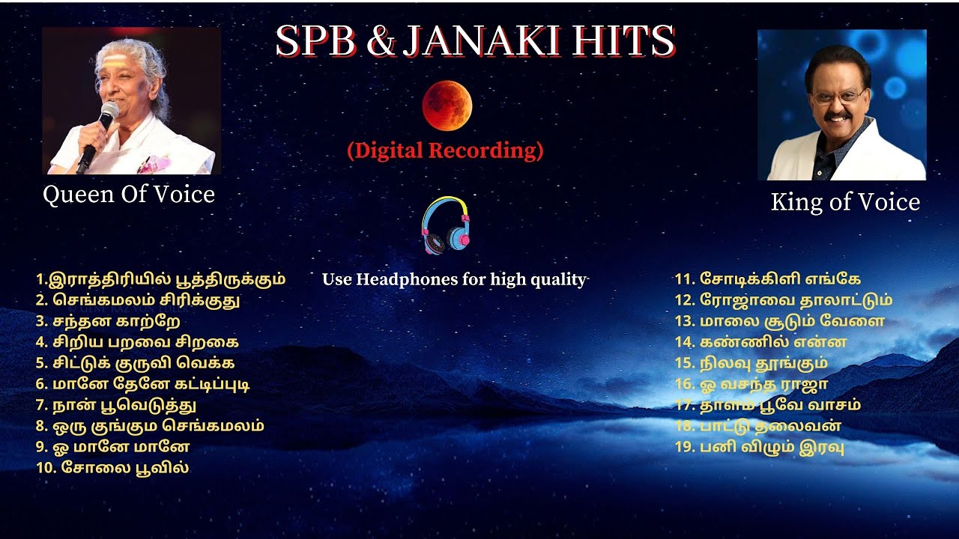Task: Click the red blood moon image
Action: [447, 106]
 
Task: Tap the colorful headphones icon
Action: [447, 225]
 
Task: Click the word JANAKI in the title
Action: [482, 42]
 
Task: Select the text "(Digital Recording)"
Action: [445, 150]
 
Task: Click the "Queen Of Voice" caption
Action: [129, 195]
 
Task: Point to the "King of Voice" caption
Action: [844, 202]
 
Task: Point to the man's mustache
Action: [837, 117]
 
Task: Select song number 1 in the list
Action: [160, 279]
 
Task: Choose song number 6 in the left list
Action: [142, 384]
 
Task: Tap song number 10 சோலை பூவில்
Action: [112, 468]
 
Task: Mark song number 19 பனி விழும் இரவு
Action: [760, 448]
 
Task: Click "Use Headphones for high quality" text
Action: [454, 280]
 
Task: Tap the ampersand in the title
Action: [382, 43]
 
